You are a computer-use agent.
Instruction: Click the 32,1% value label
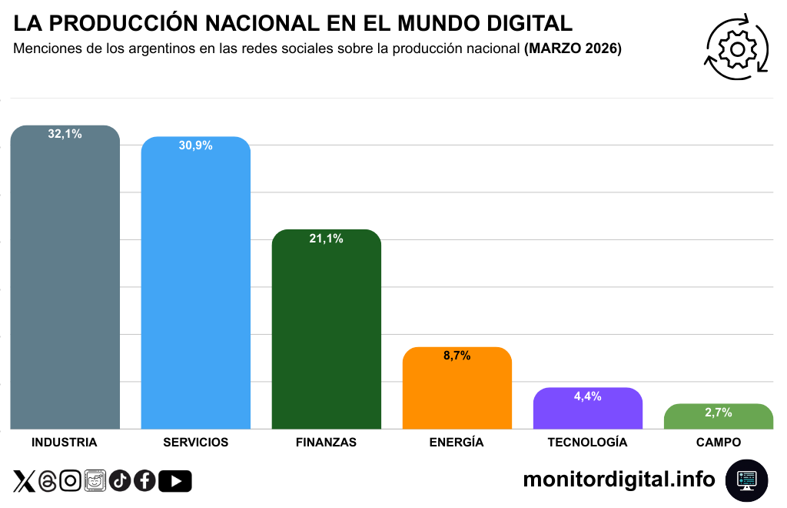point(65,134)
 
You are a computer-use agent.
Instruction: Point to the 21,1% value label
point(326,239)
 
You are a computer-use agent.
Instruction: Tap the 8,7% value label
point(457,356)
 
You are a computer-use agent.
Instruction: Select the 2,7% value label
point(718,413)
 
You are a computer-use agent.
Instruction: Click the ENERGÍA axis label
point(457,443)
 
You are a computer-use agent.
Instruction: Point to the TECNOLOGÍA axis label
point(587,443)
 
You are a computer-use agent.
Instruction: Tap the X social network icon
point(25,481)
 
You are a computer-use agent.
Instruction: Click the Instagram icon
point(71,481)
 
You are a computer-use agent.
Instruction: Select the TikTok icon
point(120,481)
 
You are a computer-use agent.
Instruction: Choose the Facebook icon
point(144,481)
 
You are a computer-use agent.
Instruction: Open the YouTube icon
point(175,481)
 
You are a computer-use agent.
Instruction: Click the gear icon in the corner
point(737,48)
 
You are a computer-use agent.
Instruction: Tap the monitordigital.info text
point(619,480)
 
